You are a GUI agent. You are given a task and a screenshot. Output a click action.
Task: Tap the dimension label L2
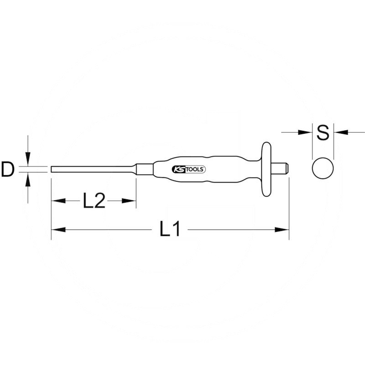tap(94, 201)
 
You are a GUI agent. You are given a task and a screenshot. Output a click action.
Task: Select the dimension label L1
tap(171, 229)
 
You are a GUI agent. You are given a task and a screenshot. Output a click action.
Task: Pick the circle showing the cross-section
tap(323, 168)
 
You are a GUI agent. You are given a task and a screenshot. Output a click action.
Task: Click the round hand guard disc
tap(266, 169)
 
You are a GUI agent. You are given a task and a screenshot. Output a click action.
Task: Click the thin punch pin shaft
tap(91, 169)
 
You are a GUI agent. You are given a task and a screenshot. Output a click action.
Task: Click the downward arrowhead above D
tap(28, 161)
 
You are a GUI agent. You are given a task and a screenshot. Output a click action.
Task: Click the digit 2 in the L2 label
tap(100, 201)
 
